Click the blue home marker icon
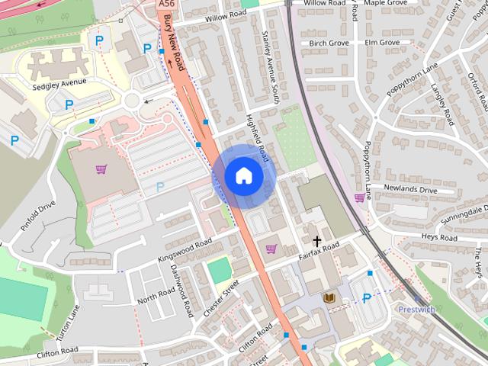click(x=243, y=175)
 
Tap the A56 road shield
click(x=167, y=4)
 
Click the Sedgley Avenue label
click(x=59, y=83)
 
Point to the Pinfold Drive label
click(x=39, y=215)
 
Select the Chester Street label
click(x=221, y=298)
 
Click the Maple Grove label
click(x=384, y=4)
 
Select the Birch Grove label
click(x=329, y=43)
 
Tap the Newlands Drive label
click(x=410, y=190)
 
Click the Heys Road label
click(x=439, y=238)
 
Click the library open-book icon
click(x=330, y=297)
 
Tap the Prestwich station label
click(x=416, y=310)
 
